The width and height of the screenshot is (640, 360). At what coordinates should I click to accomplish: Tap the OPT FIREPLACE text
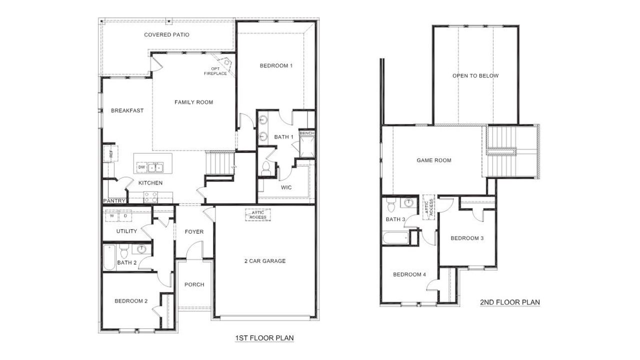point(215,71)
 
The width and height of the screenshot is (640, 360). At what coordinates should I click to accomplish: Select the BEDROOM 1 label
point(276,66)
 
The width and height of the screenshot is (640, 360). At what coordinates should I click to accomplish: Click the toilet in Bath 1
point(265,167)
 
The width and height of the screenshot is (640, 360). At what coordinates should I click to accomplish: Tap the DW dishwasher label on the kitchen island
point(141,167)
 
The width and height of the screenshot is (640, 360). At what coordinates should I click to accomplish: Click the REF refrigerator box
point(110,153)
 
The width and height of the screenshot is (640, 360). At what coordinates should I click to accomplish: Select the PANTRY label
point(113,200)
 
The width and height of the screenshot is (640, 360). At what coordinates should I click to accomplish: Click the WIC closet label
point(286,187)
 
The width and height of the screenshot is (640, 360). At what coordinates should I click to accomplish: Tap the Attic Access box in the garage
point(257,215)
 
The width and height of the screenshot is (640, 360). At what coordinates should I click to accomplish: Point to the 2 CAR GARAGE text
point(264,261)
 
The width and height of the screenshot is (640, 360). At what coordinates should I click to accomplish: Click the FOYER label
point(194,232)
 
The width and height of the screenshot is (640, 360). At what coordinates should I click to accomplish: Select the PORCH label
point(194,285)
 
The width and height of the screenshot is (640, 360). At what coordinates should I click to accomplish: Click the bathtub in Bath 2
point(109,257)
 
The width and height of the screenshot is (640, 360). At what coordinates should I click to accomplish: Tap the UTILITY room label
point(126,231)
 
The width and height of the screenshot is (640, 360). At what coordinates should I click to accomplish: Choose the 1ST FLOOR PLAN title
point(264,338)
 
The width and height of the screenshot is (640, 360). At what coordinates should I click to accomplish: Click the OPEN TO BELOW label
point(475,76)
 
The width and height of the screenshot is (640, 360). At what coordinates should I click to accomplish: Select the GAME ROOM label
point(434,160)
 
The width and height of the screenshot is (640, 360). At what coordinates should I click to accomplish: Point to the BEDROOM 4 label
point(409,274)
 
